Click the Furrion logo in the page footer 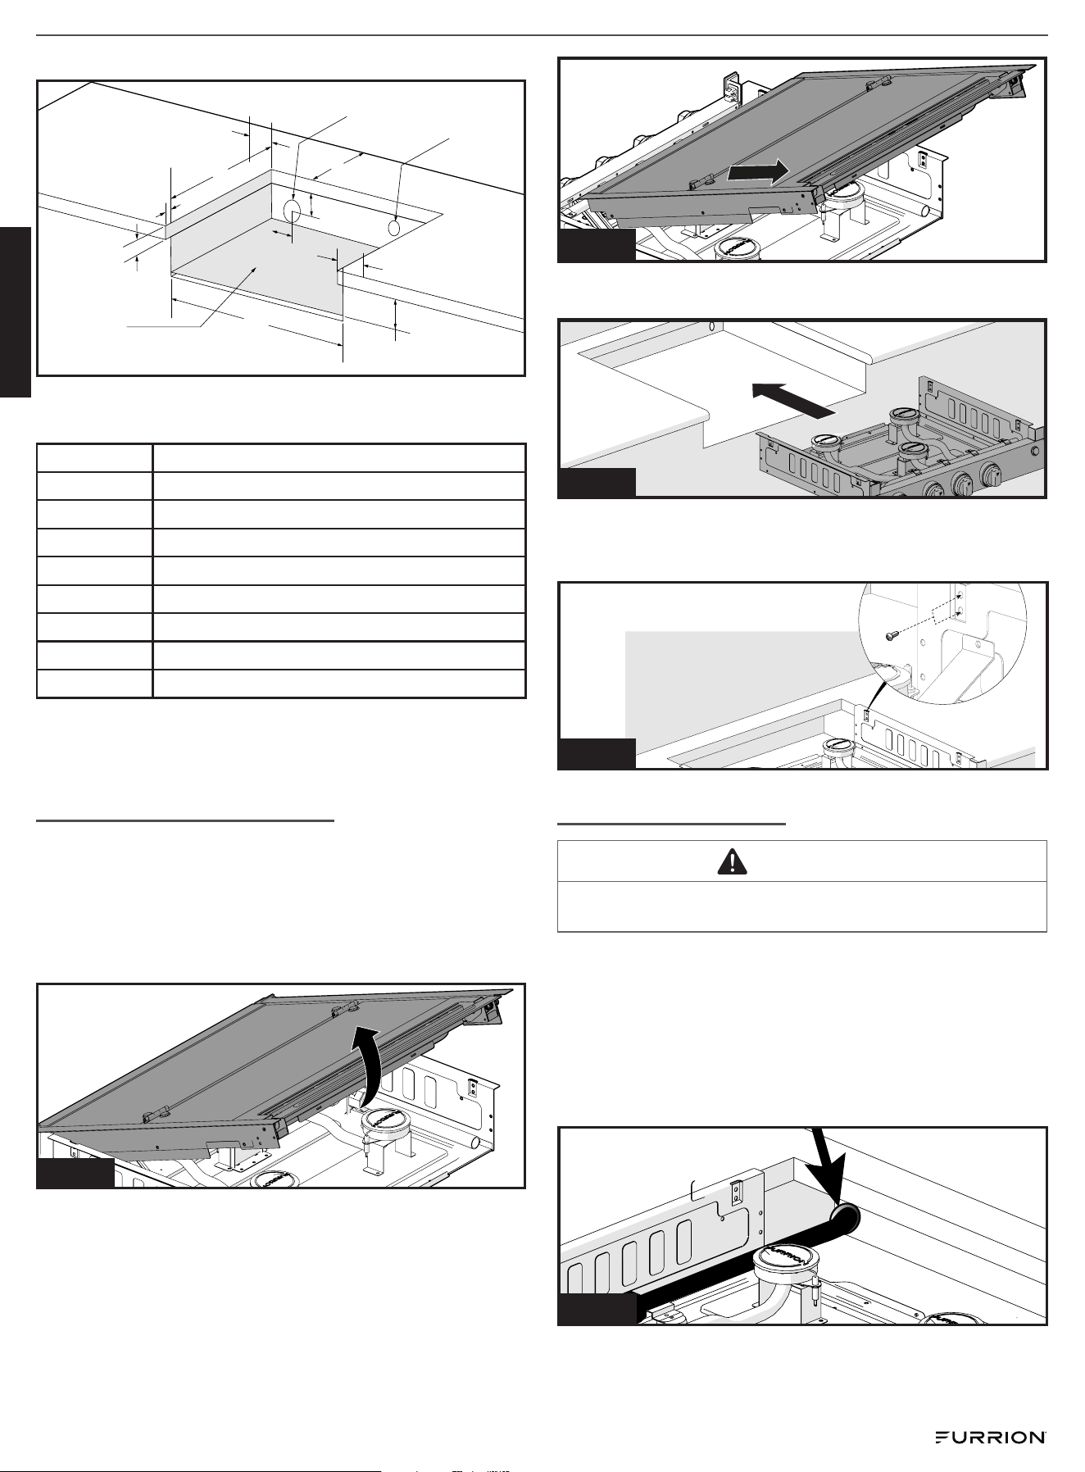[x=990, y=1438]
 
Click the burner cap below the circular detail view [x=838, y=745]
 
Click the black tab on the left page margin [x=16, y=312]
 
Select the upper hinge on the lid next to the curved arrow [x=342, y=1007]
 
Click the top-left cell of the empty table [x=95, y=457]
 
